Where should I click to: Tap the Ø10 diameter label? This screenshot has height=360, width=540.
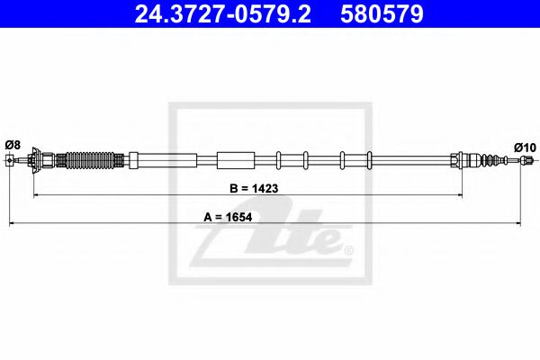coord(525,147)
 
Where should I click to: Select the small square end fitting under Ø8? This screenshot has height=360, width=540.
coord(10,162)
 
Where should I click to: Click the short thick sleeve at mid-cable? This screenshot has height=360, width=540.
coord(237,161)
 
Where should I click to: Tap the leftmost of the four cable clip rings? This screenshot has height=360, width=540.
coord(278,161)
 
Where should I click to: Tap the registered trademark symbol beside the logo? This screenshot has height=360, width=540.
coord(349,249)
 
